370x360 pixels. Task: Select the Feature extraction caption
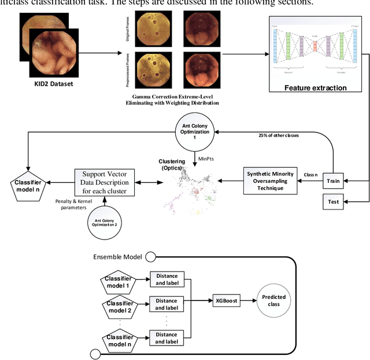[316, 88]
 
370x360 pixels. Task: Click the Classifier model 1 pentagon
[119, 282]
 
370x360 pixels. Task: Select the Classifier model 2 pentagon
[119, 307]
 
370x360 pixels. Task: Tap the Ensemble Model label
[117, 256]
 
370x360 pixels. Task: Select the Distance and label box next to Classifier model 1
[166, 279]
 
